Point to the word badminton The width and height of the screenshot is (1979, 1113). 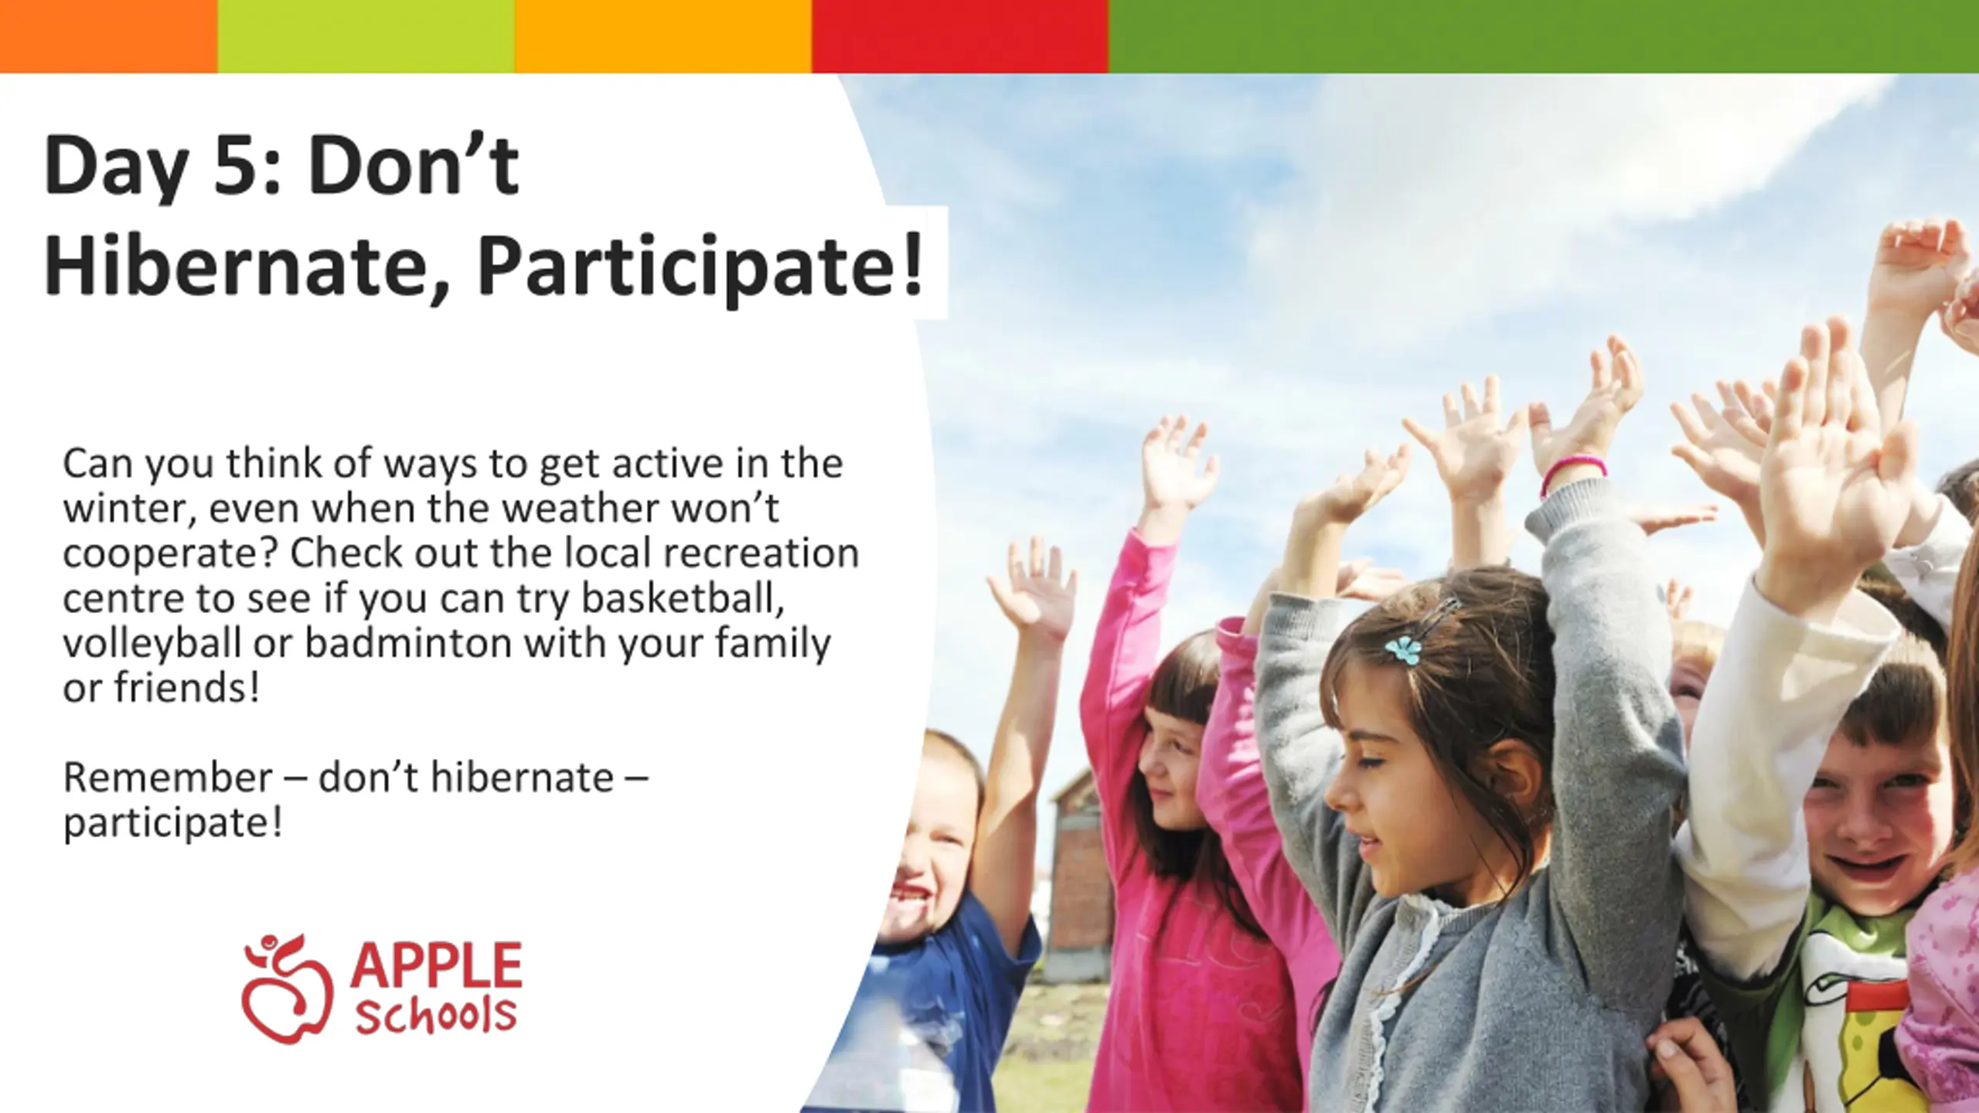pyautogui.click(x=408, y=642)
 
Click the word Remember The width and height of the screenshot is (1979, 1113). pyautogui.click(x=167, y=777)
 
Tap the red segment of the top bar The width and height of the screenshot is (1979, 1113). pyautogui.click(x=960, y=36)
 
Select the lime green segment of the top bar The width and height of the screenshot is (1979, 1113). pyautogui.click(x=366, y=36)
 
